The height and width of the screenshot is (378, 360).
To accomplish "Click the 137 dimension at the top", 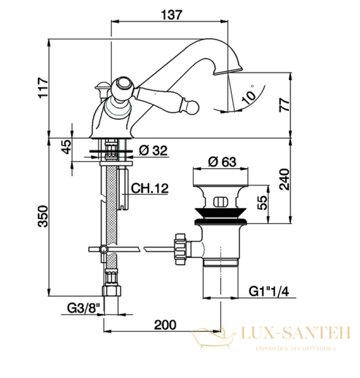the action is pyautogui.click(x=172, y=14).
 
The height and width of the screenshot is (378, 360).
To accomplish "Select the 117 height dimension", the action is pyautogui.click(x=43, y=88).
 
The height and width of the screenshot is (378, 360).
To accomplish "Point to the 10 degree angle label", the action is pyautogui.click(x=249, y=95).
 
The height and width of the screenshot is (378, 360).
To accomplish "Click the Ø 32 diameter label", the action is pyautogui.click(x=153, y=151).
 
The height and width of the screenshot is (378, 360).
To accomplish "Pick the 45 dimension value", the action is pyautogui.click(x=66, y=146).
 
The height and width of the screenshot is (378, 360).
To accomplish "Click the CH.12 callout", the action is pyautogui.click(x=150, y=188).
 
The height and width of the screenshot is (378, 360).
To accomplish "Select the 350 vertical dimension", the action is pyautogui.click(x=43, y=216).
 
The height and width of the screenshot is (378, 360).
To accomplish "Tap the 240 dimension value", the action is pyautogui.click(x=284, y=180).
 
